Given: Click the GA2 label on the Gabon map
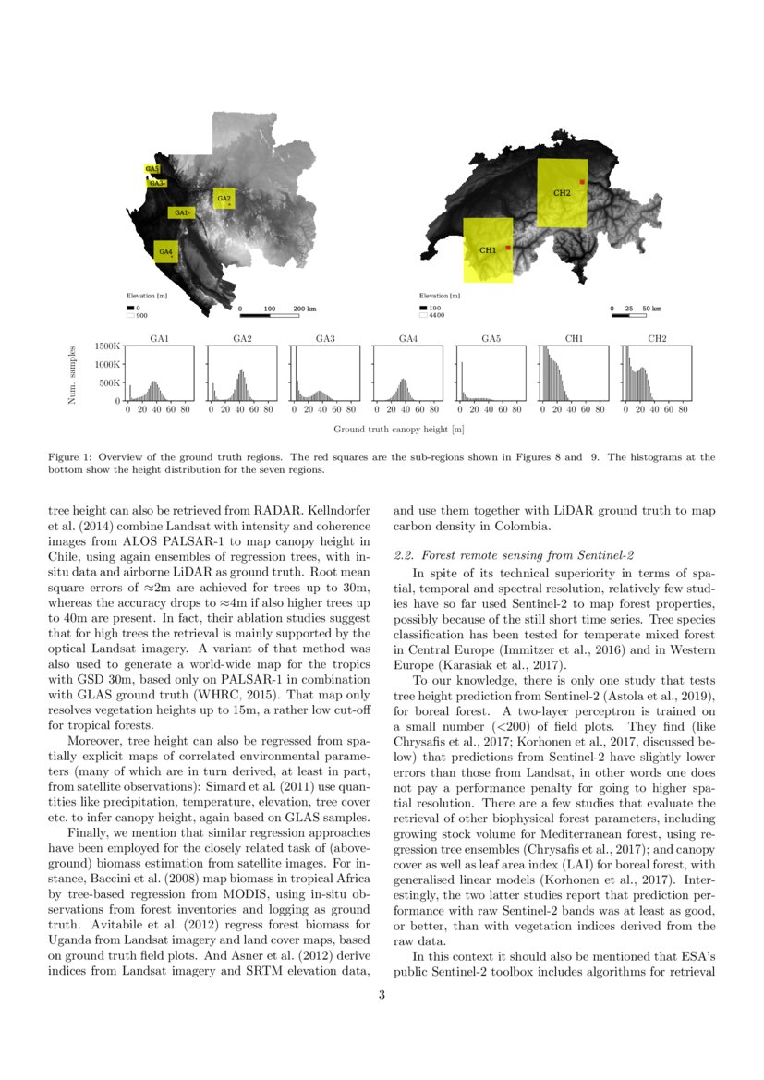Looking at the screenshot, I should pyautogui.click(x=224, y=198).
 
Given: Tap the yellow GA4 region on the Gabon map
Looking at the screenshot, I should pyautogui.click(x=165, y=250).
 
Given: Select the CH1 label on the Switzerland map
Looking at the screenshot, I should pyautogui.click(x=488, y=249).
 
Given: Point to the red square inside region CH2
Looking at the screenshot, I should pyautogui.click(x=582, y=182).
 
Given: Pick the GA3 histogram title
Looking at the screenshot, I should pyautogui.click(x=325, y=338).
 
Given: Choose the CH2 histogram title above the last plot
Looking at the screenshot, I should pyautogui.click(x=657, y=338).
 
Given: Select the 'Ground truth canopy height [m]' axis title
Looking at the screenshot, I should pyautogui.click(x=398, y=430).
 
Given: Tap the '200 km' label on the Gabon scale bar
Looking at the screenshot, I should pyautogui.click(x=305, y=308).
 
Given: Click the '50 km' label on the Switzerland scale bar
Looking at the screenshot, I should pyautogui.click(x=652, y=308).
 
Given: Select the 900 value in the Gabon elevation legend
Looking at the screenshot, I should pyautogui.click(x=142, y=315).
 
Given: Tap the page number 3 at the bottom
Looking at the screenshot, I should pyautogui.click(x=382, y=995).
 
